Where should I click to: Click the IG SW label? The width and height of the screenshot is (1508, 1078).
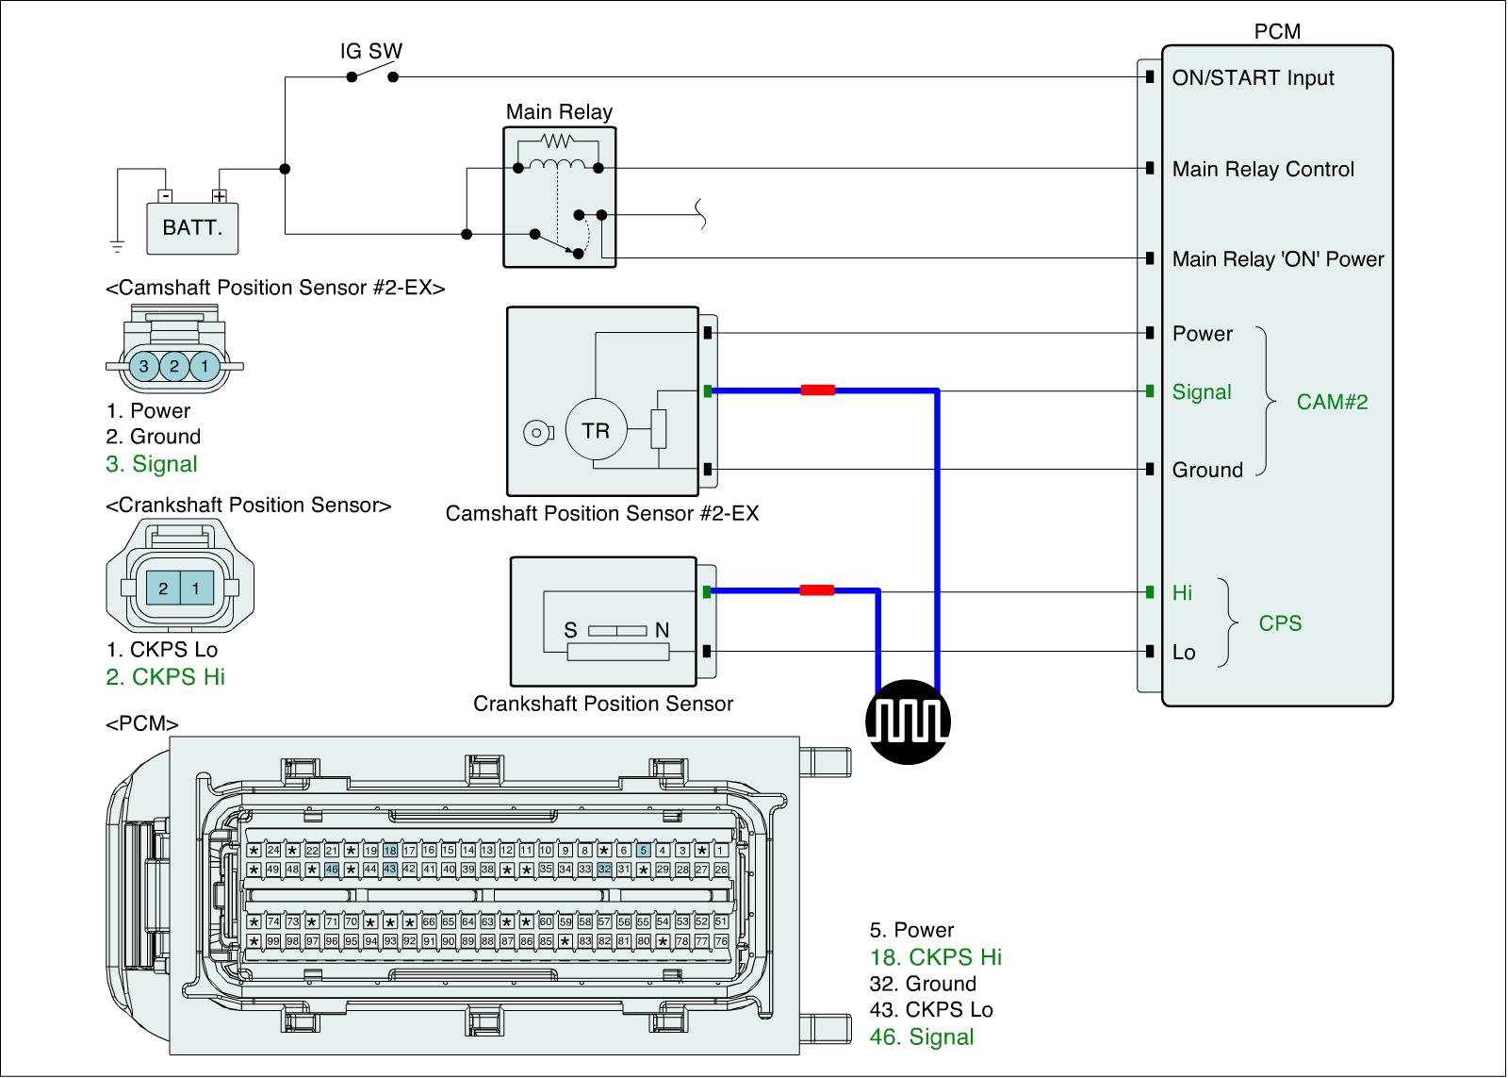pyautogui.click(x=371, y=51)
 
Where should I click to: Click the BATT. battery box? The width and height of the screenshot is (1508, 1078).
pyautogui.click(x=192, y=227)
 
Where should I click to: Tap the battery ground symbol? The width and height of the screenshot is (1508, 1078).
pyautogui.click(x=117, y=247)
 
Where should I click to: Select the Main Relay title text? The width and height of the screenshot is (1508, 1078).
pyautogui.click(x=559, y=112)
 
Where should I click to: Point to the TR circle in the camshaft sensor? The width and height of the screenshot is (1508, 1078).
pyautogui.click(x=596, y=431)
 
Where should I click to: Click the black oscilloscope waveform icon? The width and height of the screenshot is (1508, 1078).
pyautogui.click(x=908, y=722)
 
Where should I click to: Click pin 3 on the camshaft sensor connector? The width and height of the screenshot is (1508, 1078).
pyautogui.click(x=143, y=365)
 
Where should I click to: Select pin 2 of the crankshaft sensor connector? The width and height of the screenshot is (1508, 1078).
pyautogui.click(x=163, y=589)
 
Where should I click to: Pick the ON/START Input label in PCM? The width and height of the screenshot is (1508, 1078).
pyautogui.click(x=1253, y=78)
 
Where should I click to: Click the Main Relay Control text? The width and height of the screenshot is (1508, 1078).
pyautogui.click(x=1263, y=170)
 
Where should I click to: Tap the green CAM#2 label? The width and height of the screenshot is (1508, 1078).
pyautogui.click(x=1332, y=403)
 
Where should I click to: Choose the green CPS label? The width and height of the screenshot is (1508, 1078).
pyautogui.click(x=1280, y=623)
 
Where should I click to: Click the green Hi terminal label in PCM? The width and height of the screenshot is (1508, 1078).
pyautogui.click(x=1182, y=592)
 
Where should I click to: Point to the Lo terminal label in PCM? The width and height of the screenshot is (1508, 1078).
pyautogui.click(x=1184, y=653)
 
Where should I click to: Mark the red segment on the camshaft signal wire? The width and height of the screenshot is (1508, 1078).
pyautogui.click(x=817, y=390)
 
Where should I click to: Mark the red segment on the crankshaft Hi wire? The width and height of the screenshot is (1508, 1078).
pyautogui.click(x=816, y=590)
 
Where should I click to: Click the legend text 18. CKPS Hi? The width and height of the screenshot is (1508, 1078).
pyautogui.click(x=935, y=957)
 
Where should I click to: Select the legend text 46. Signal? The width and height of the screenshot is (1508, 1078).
pyautogui.click(x=921, y=1037)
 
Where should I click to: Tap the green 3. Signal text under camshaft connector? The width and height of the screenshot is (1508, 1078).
pyautogui.click(x=152, y=464)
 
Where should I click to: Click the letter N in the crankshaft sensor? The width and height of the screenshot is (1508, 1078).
pyautogui.click(x=662, y=630)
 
